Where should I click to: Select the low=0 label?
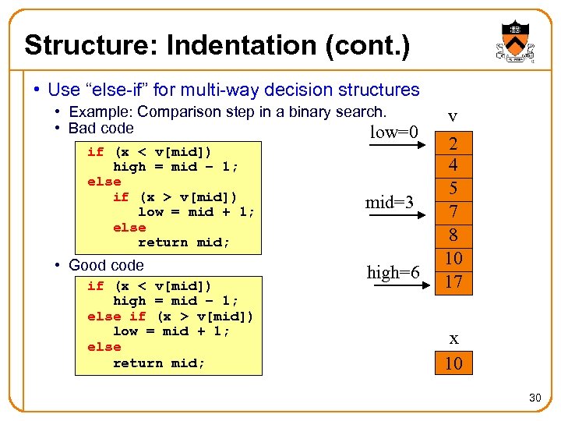[394, 132]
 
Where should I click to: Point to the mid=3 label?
[390, 203]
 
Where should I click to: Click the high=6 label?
[393, 272]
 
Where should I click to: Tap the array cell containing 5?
[453, 189]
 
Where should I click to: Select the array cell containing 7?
[453, 211]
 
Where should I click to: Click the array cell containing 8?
[453, 234]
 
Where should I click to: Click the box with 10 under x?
[453, 363]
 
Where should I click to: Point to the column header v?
[453, 117]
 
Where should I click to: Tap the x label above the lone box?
[453, 338]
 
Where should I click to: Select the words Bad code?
[101, 129]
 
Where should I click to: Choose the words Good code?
[106, 265]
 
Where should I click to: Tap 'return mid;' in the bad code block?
[184, 242]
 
